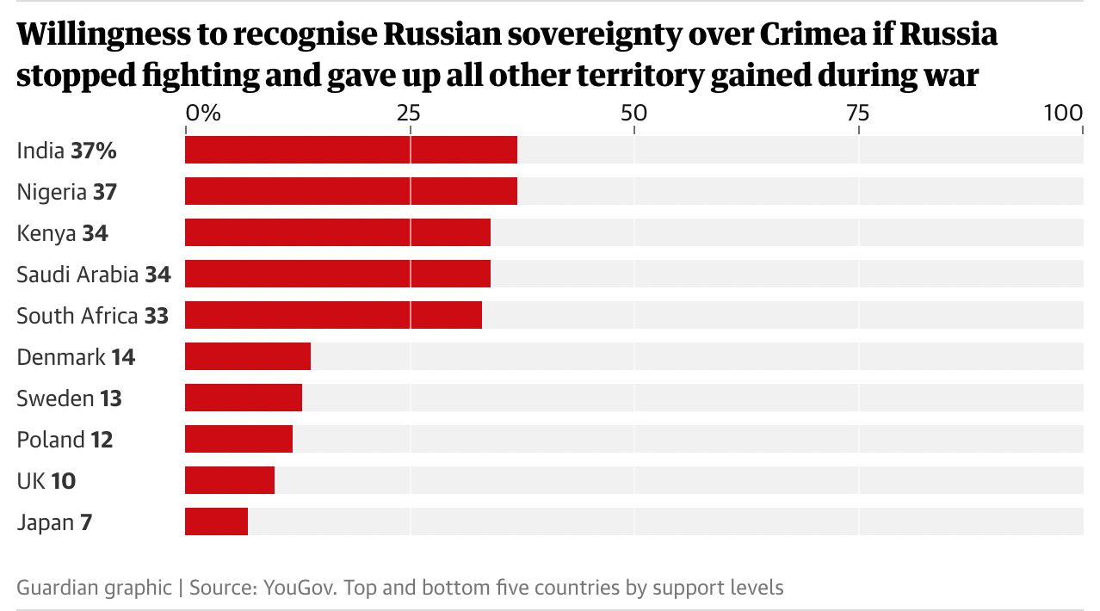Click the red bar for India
click(351, 150)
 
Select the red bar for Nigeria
click(351, 191)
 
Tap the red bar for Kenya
click(337, 232)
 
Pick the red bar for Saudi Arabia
click(337, 274)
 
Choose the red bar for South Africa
click(333, 315)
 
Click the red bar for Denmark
click(248, 356)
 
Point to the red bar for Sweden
click(244, 398)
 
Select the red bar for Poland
click(238, 439)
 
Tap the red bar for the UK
click(230, 480)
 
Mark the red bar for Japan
click(216, 522)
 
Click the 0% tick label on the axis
click(203, 113)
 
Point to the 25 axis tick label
click(410, 113)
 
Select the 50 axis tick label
click(633, 113)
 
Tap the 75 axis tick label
click(857, 113)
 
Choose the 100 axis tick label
click(1063, 113)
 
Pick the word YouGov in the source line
click(295, 588)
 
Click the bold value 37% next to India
click(94, 151)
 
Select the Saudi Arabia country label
click(77, 275)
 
